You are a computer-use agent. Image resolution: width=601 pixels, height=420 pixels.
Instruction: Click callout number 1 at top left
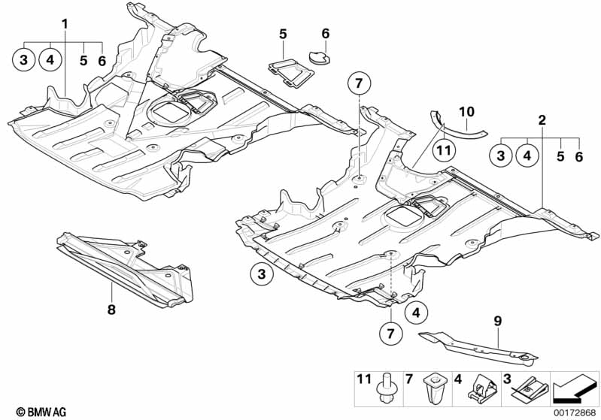click(x=65, y=23)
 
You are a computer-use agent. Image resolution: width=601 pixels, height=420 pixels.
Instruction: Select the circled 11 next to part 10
click(x=445, y=150)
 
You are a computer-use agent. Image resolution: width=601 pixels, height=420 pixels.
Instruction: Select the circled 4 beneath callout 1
click(x=50, y=60)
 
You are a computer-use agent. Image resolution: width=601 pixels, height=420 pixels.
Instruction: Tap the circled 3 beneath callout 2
click(x=499, y=156)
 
